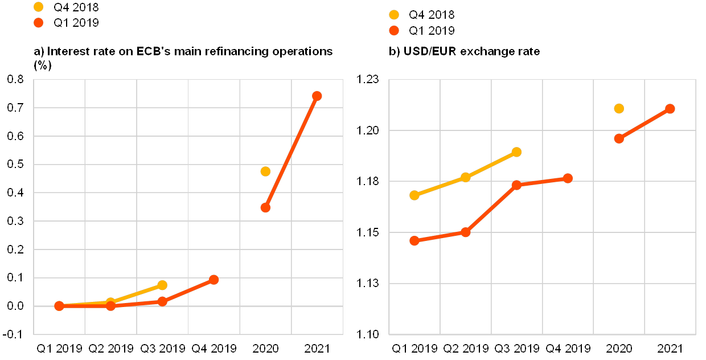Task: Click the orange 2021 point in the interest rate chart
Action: [317, 96]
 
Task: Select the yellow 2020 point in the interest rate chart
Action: [265, 171]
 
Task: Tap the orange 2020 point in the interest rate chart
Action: [265, 207]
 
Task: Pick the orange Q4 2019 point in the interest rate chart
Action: [214, 280]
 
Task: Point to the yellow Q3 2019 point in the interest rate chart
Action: [162, 285]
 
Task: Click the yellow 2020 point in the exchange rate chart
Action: [619, 108]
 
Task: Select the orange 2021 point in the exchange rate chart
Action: [670, 109]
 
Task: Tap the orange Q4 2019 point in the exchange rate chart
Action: [568, 178]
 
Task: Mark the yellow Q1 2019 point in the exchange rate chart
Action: [414, 195]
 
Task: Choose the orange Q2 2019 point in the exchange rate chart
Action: [466, 232]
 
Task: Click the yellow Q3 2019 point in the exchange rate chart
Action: [516, 152]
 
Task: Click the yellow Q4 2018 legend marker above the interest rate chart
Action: [39, 7]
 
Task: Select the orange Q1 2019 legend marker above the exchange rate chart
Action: [394, 31]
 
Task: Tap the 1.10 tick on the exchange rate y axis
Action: [367, 334]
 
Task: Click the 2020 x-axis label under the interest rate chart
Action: [265, 347]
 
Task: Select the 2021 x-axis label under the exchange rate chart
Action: [670, 348]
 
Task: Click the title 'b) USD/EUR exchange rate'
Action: [465, 52]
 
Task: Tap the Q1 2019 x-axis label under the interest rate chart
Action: [59, 347]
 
